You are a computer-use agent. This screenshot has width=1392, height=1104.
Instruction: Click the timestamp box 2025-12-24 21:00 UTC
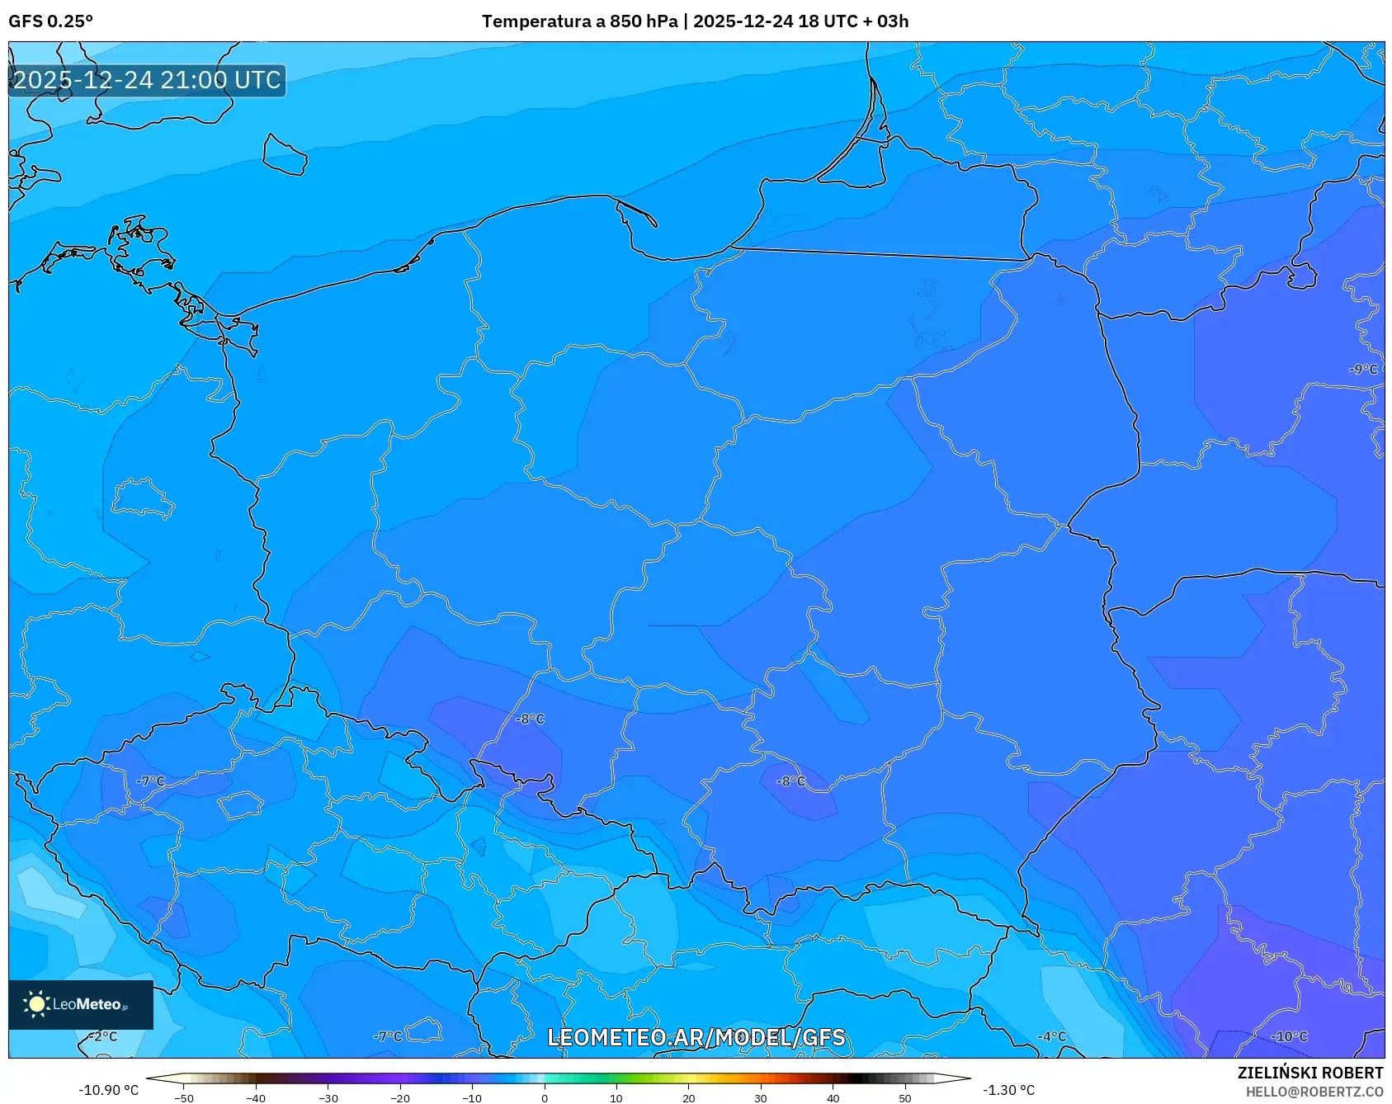point(147,80)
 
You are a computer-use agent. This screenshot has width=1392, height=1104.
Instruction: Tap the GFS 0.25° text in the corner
point(50,21)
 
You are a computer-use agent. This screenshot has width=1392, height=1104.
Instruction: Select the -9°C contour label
point(1363,370)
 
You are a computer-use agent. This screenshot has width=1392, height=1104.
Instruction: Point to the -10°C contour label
point(1289,1036)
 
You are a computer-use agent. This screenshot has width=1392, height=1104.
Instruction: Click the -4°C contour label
point(1052,1036)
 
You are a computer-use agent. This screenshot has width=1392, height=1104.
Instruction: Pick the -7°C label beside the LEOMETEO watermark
point(388,1036)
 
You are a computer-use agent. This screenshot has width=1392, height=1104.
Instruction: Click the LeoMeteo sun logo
point(37,1003)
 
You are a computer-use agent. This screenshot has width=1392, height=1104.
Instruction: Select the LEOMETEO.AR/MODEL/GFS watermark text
point(696,1037)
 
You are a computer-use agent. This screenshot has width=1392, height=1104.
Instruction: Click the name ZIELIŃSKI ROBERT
point(1309,1073)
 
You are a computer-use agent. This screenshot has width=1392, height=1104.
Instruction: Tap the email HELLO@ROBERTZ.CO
point(1314,1092)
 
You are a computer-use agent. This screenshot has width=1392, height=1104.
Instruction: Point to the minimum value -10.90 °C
point(108,1090)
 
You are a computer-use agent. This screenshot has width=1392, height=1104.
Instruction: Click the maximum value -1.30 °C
point(1008,1090)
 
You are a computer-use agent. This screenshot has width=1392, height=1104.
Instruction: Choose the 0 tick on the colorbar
point(544,1098)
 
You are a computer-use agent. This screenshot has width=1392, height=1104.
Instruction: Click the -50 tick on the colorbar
point(184,1098)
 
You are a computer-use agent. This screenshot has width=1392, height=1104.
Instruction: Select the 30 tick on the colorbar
point(760,1098)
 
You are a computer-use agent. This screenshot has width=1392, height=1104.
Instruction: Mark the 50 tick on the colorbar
point(904,1098)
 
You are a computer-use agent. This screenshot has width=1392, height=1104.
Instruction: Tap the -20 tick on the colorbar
point(399,1098)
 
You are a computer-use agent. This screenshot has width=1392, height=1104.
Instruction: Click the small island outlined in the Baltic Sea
point(285,155)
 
